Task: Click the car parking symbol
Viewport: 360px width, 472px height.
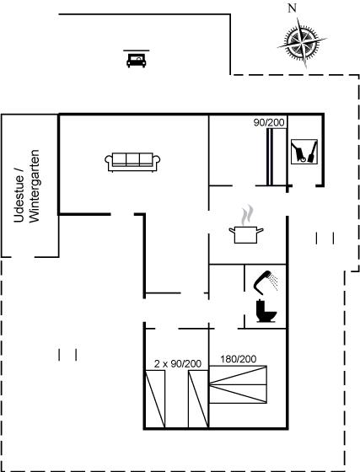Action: [137, 60]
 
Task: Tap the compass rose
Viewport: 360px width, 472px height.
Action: [302, 42]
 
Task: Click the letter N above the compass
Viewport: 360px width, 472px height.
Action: [292, 8]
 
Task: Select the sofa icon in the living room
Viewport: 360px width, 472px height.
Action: [132, 162]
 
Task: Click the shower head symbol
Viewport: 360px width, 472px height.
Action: [266, 283]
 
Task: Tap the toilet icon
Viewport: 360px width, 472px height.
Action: [266, 311]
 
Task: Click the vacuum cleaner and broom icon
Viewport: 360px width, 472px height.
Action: [304, 152]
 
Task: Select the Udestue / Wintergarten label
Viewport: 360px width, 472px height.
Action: [26, 186]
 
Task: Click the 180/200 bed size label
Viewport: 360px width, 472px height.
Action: [239, 359]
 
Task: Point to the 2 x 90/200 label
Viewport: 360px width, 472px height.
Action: [178, 363]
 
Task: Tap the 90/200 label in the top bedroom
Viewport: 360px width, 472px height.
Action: [269, 122]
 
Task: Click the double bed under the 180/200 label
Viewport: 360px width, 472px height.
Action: [238, 384]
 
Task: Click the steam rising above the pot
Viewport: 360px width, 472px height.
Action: [247, 215]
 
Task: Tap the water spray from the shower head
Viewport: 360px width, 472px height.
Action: [274, 282]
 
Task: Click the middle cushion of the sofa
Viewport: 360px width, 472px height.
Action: [132, 158]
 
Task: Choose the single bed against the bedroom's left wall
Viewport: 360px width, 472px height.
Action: [155, 399]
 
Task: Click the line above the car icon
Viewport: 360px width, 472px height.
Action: [137, 51]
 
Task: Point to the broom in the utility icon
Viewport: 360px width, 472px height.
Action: [313, 152]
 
